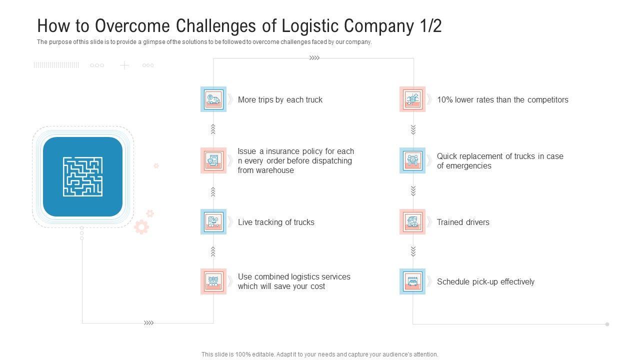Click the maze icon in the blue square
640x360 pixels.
coord(83,176)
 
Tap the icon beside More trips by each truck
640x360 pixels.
coord(213,99)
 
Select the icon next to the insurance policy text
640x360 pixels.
coord(213,160)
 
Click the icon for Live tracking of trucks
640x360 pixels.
coord(213,222)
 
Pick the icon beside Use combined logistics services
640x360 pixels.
coord(213,281)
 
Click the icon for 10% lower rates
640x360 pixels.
coord(412,99)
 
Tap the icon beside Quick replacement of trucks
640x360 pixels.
coord(412,160)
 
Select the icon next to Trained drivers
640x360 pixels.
coord(412,222)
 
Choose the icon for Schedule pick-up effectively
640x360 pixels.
coord(412,281)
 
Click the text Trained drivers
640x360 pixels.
coord(463,222)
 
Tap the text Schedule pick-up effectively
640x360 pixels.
coord(485,281)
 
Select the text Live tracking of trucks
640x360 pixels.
coord(276,222)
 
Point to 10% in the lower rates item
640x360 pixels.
coord(444,99)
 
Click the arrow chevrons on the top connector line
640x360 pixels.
coord(314,58)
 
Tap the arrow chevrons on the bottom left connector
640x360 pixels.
coord(148,323)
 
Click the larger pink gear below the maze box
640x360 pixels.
coord(141,227)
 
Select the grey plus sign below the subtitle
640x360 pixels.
coord(124,65)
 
